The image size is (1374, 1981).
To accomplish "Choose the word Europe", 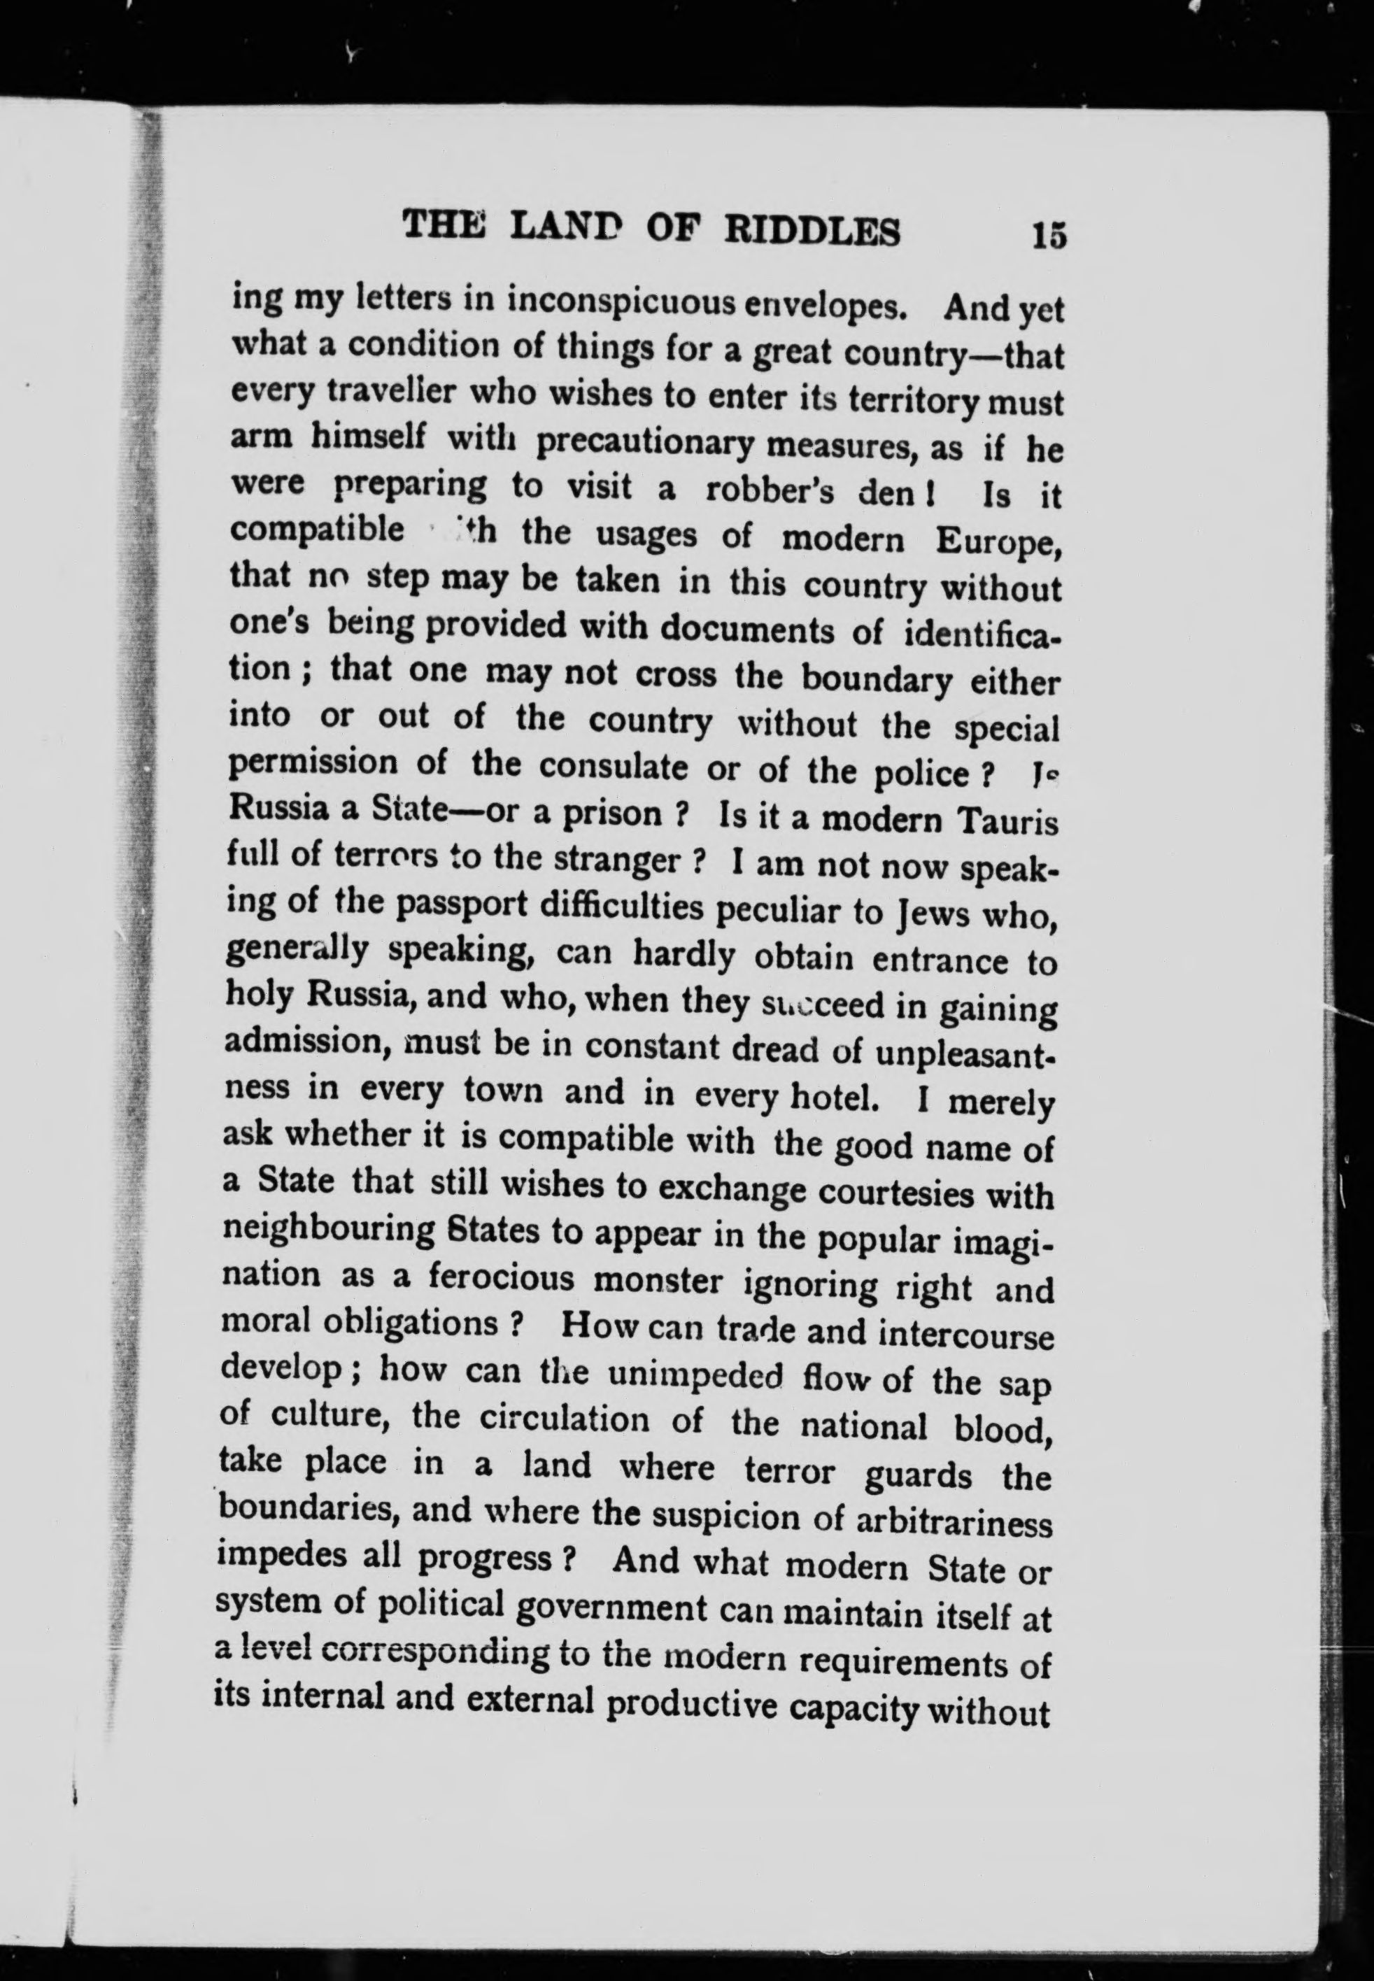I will (998, 542).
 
